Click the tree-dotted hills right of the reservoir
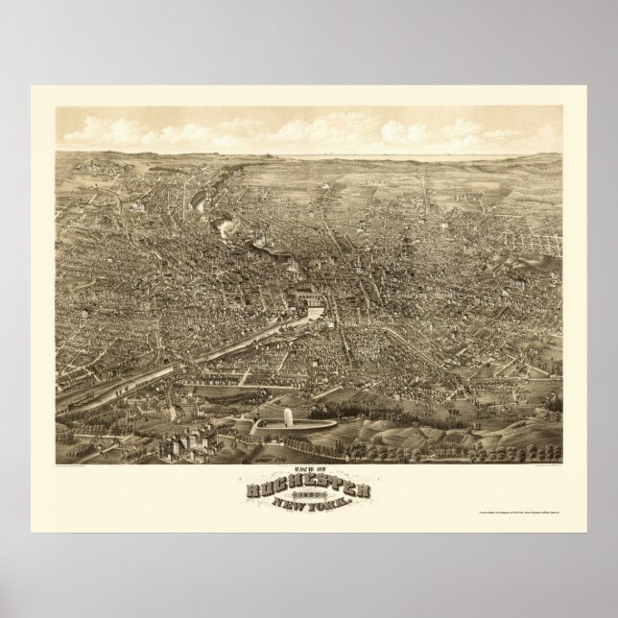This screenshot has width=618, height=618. [461, 422]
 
